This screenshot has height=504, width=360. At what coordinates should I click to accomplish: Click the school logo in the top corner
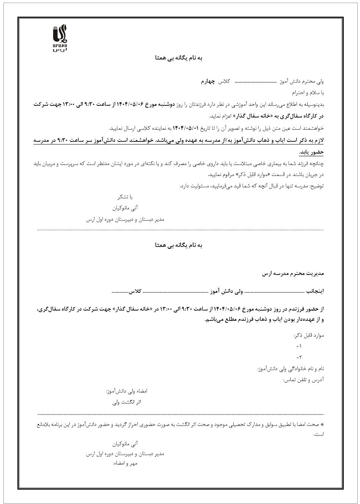[x=60, y=38]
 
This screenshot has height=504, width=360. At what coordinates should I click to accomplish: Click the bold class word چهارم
[x=208, y=82]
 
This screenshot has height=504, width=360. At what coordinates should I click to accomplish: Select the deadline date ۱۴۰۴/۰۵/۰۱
[x=186, y=128]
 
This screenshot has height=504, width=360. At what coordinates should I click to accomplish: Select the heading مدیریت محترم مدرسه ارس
[x=293, y=273]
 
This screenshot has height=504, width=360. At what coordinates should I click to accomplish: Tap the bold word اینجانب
[x=315, y=292]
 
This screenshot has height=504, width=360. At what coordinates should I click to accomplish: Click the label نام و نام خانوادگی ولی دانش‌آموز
[x=290, y=369]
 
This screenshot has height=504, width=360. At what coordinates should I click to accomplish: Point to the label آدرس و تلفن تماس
[x=303, y=380]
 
